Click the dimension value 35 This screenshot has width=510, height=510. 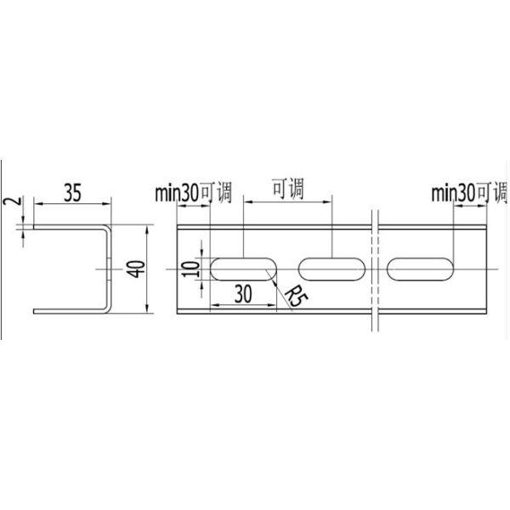(72, 193)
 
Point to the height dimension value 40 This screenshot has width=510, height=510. (133, 269)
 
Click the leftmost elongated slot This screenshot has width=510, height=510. (242, 269)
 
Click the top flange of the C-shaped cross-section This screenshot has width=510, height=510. (68, 226)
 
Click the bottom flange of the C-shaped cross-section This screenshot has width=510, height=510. (68, 311)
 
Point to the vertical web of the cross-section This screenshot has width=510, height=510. (109, 269)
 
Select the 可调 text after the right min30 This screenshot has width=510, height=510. (492, 193)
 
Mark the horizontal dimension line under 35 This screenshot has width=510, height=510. (72, 203)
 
